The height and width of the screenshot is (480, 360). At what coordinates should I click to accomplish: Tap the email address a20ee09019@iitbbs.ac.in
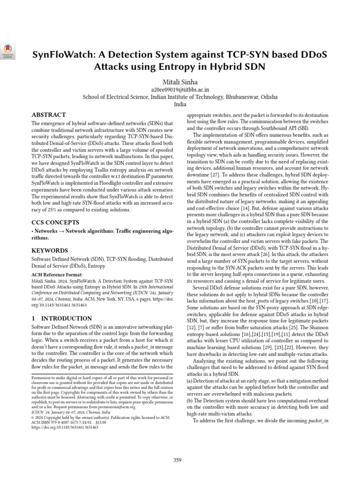[180, 89]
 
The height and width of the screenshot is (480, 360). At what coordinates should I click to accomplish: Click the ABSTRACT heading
[49, 115]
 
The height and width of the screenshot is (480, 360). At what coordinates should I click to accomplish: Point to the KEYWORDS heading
[50, 250]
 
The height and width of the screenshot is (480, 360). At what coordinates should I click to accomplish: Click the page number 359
[177, 460]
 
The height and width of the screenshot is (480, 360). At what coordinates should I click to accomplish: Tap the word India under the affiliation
[180, 105]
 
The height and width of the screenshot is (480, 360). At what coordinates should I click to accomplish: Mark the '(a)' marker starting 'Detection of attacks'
[189, 382]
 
